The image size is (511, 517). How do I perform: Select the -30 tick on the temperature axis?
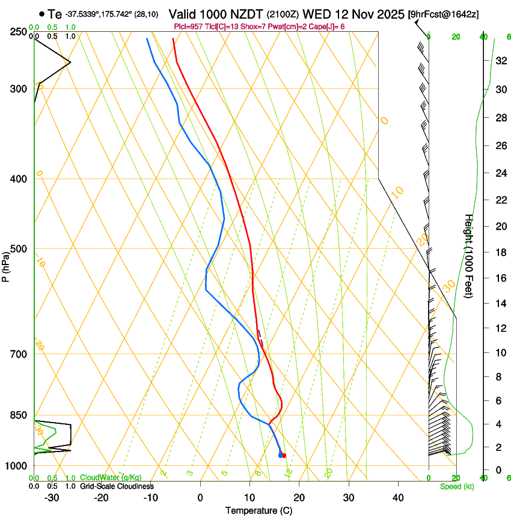(x=52, y=498)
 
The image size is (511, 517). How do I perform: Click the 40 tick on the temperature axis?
(x=398, y=498)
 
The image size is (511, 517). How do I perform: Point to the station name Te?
(x=55, y=14)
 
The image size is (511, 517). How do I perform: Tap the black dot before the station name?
(x=41, y=14)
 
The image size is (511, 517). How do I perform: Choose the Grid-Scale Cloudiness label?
(x=117, y=486)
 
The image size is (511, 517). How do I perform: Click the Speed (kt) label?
(x=456, y=486)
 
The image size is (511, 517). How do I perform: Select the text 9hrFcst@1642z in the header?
(x=443, y=14)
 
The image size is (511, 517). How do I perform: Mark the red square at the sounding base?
(x=284, y=456)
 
